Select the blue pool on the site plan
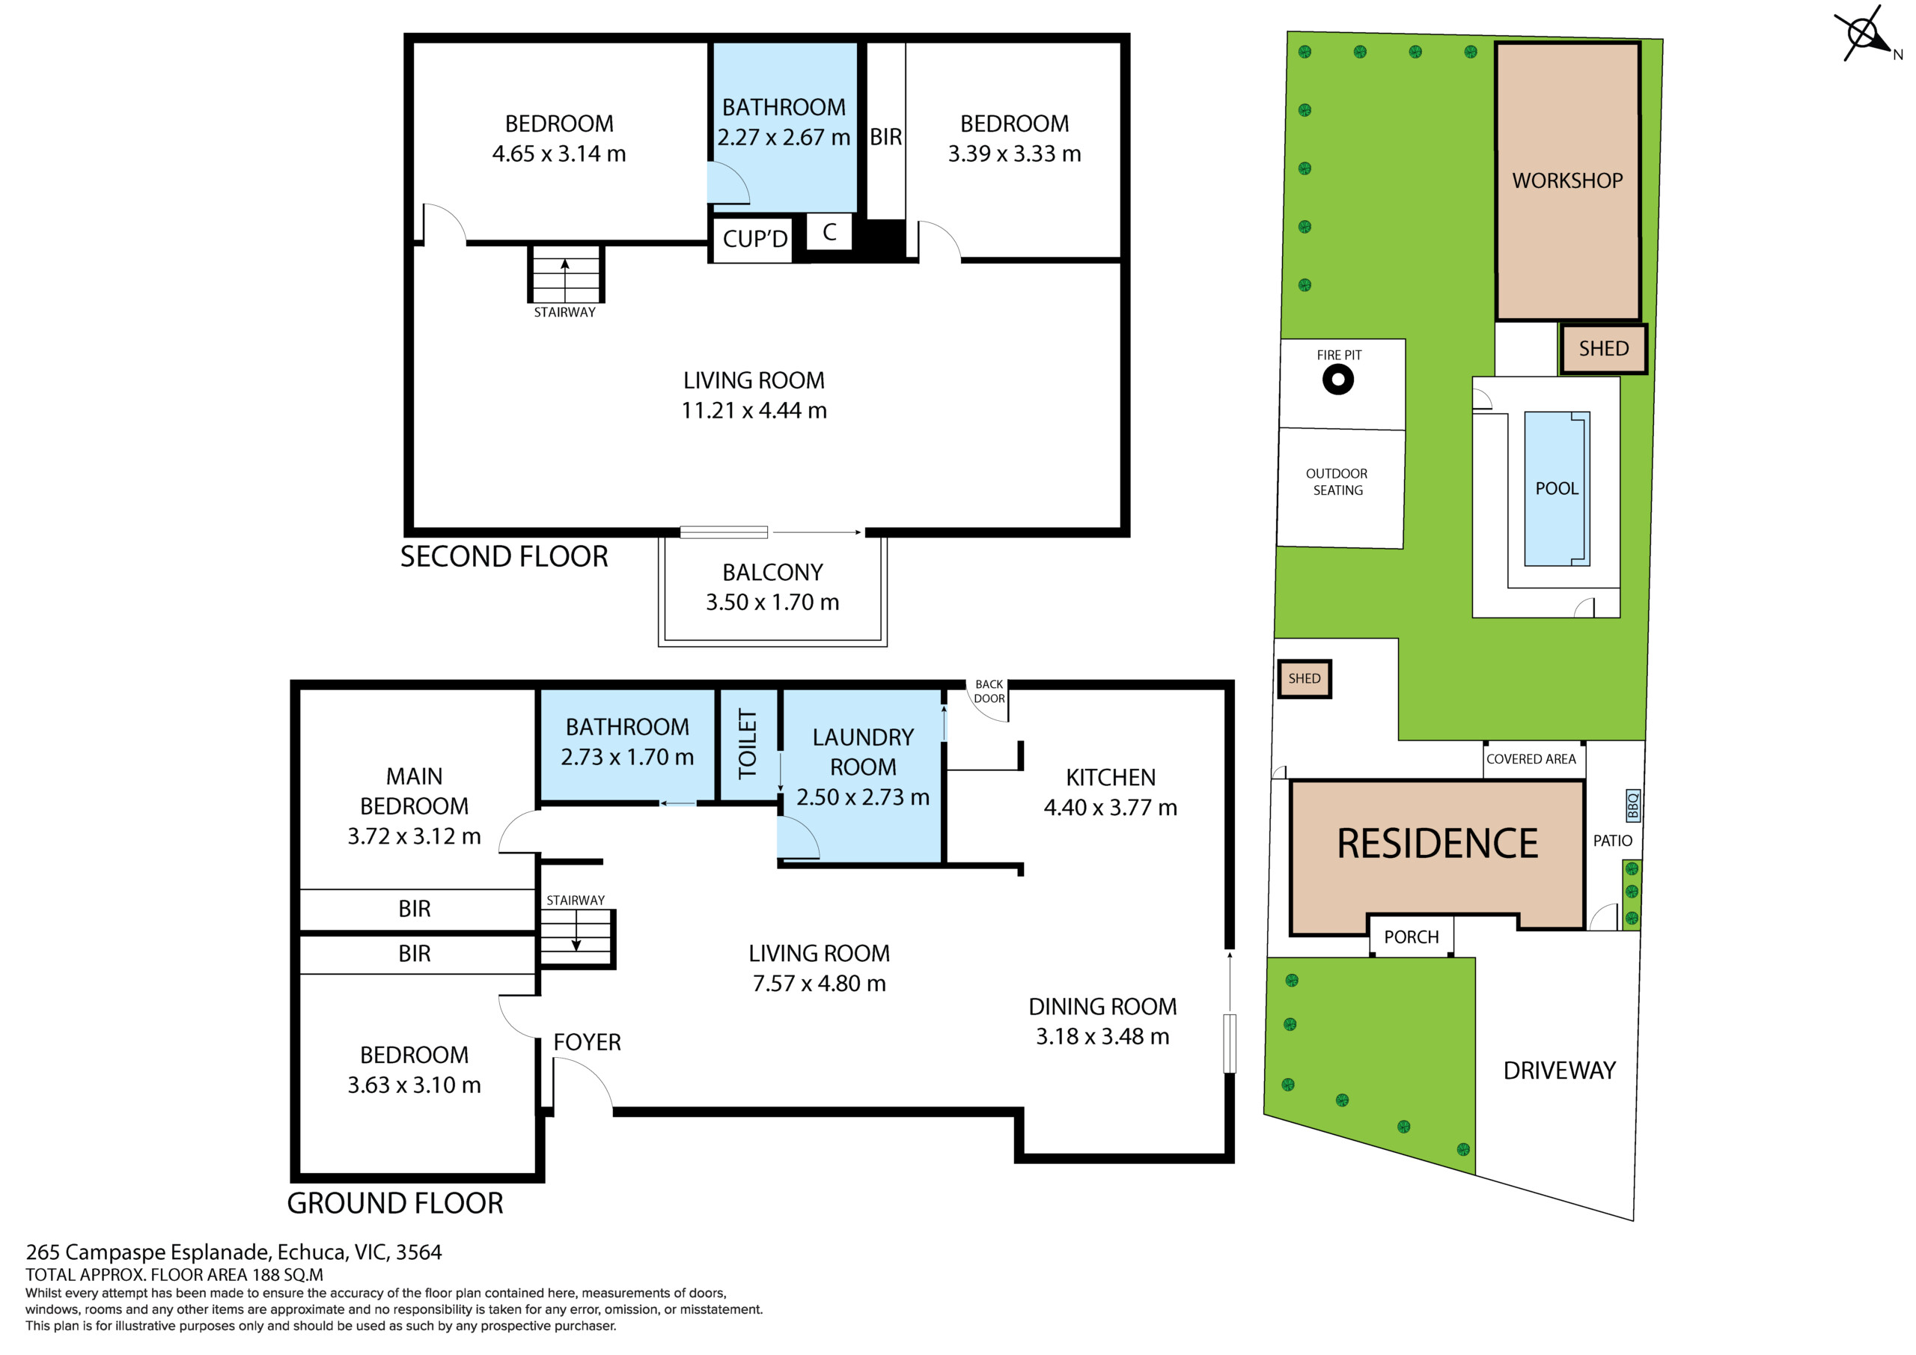[x=1557, y=488]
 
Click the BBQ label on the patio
[x=1633, y=806]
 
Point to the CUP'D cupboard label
[x=755, y=240]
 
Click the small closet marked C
[x=829, y=231]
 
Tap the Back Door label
[x=989, y=691]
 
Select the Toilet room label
[x=748, y=744]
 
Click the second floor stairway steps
[x=566, y=274]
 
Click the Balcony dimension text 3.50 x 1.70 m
[x=772, y=602]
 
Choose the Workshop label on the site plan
[x=1567, y=180]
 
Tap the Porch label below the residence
[x=1411, y=937]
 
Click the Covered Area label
[x=1531, y=759]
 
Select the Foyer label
[x=588, y=1042]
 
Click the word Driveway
[x=1560, y=1071]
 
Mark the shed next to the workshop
[x=1603, y=348]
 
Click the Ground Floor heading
[x=396, y=1203]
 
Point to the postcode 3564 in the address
[x=419, y=1252]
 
